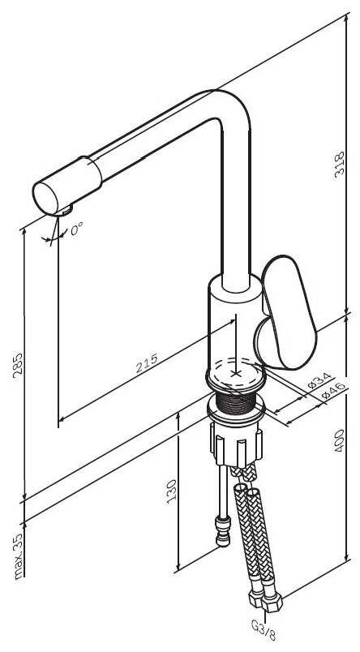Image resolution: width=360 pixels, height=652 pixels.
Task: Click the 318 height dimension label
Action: click(340, 165)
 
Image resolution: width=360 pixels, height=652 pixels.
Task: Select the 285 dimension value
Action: click(18, 366)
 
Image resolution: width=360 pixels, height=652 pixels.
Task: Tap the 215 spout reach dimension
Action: click(147, 362)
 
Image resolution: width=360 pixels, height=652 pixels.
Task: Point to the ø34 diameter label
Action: click(319, 380)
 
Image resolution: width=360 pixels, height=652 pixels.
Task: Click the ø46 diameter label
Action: click(333, 391)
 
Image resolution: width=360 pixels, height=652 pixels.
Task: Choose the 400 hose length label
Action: click(340, 440)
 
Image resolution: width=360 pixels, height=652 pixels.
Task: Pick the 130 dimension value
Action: click(172, 491)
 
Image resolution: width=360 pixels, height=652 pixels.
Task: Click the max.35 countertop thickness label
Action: click(18, 556)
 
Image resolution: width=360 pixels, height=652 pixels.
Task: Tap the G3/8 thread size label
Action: click(264, 630)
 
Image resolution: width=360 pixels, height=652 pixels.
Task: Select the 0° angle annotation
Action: click(76, 229)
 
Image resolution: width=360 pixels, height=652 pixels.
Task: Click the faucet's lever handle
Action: click(286, 313)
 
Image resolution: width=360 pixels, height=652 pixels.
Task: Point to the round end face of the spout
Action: click(45, 199)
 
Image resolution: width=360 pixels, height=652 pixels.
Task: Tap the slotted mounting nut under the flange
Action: click(236, 445)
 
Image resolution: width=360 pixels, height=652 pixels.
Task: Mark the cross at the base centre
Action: click(236, 373)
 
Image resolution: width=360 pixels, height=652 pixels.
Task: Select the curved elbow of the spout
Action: click(231, 109)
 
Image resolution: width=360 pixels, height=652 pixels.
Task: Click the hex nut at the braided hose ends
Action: click(265, 601)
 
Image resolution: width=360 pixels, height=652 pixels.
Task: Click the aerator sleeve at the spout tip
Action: click(67, 186)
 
